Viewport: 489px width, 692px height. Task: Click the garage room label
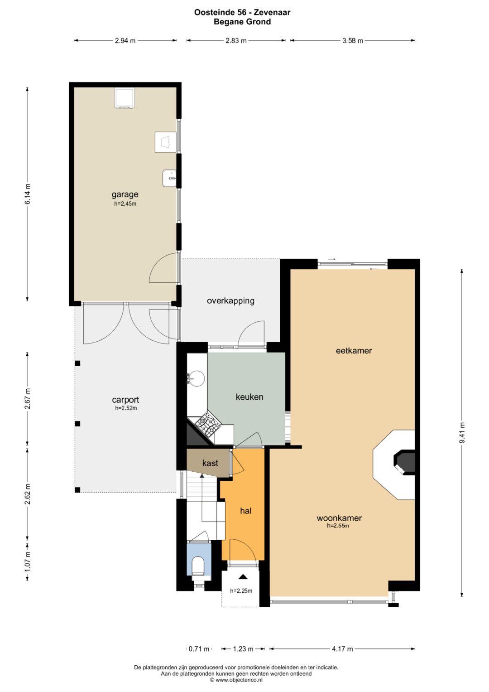(125, 194)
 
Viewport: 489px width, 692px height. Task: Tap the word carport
(125, 400)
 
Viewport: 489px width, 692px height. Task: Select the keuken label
(249, 397)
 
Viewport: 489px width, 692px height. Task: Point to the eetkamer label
(354, 351)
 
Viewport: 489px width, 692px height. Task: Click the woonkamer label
(339, 518)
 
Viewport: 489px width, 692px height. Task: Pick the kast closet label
(210, 463)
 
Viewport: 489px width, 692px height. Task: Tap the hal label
(246, 511)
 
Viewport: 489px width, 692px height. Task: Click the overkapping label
(230, 301)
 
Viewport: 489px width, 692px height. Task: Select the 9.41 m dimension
(462, 432)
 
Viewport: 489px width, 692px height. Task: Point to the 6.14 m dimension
(28, 194)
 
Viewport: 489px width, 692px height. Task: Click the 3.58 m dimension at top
(353, 40)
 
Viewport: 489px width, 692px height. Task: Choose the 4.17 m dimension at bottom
(342, 649)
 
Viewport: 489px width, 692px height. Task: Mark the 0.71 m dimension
(199, 649)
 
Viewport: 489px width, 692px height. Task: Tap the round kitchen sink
(197, 378)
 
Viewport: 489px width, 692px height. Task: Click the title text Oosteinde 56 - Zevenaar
(242, 12)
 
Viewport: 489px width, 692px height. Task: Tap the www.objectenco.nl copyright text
(236, 680)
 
